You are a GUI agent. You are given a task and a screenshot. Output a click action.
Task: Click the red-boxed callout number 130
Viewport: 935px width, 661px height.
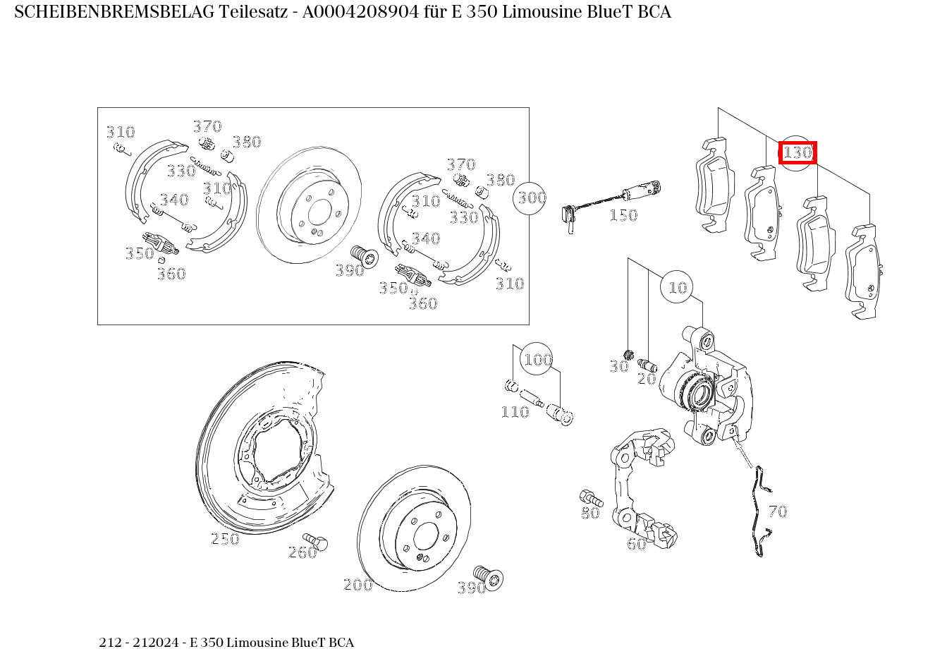[x=797, y=152]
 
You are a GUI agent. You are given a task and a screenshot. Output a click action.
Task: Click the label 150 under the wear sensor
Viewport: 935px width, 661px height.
[x=623, y=215]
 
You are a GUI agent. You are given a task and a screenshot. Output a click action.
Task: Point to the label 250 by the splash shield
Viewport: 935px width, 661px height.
[x=226, y=539]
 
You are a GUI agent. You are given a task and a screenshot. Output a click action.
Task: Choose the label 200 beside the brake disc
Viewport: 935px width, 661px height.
[x=357, y=585]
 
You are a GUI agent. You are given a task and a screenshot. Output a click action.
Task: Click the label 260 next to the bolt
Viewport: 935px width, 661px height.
[x=302, y=552]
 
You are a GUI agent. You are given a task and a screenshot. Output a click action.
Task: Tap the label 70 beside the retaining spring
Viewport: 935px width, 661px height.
[x=778, y=511]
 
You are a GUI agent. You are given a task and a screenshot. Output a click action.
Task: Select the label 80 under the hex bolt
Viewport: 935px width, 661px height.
[x=590, y=513]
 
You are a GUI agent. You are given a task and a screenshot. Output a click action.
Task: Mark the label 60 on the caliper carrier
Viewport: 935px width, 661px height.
[x=637, y=544]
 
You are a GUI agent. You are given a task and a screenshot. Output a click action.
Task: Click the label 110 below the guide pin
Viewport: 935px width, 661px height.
[x=515, y=412]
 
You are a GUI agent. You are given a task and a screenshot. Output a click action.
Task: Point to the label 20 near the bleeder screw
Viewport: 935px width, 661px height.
[x=647, y=379]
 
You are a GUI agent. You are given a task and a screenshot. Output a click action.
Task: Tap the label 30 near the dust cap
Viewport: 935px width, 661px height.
[x=619, y=367]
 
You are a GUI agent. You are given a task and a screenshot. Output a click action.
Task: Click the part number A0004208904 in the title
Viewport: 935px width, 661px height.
[x=360, y=12]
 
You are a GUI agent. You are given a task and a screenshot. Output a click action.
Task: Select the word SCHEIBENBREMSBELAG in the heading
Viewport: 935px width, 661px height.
[x=114, y=12]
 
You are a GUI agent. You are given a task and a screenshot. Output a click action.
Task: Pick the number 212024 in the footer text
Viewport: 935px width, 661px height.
[x=156, y=642]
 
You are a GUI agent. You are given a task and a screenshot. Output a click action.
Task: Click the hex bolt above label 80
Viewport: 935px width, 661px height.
[x=591, y=497]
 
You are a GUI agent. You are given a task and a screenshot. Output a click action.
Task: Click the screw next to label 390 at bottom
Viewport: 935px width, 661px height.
[x=489, y=577]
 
